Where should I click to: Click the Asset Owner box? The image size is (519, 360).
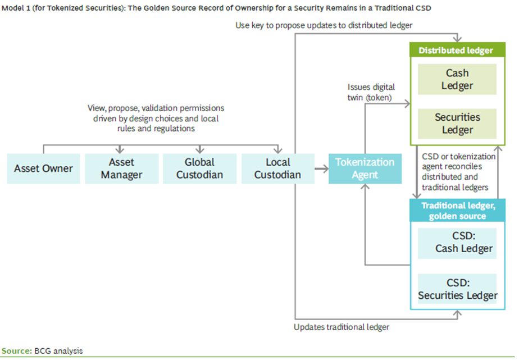(43, 168)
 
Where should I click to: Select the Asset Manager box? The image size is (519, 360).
(121, 168)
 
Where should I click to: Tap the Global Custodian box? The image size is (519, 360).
(199, 168)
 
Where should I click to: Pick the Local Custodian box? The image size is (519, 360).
(277, 168)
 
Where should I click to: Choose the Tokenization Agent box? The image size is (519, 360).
(365, 168)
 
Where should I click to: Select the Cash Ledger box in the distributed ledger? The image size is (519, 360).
(457, 79)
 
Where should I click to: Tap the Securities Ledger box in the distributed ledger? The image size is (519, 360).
(457, 124)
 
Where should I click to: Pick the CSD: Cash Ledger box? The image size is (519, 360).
(457, 243)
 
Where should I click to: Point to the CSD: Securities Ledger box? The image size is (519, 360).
(457, 289)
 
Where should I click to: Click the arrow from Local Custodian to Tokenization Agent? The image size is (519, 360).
(321, 168)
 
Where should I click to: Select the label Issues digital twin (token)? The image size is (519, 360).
(371, 92)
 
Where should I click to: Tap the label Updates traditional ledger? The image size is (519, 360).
(342, 327)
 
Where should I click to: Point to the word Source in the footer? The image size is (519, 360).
(16, 351)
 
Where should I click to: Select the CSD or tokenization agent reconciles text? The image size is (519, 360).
(458, 172)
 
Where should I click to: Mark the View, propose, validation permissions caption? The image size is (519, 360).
(156, 118)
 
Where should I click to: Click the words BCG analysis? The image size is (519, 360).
(58, 351)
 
